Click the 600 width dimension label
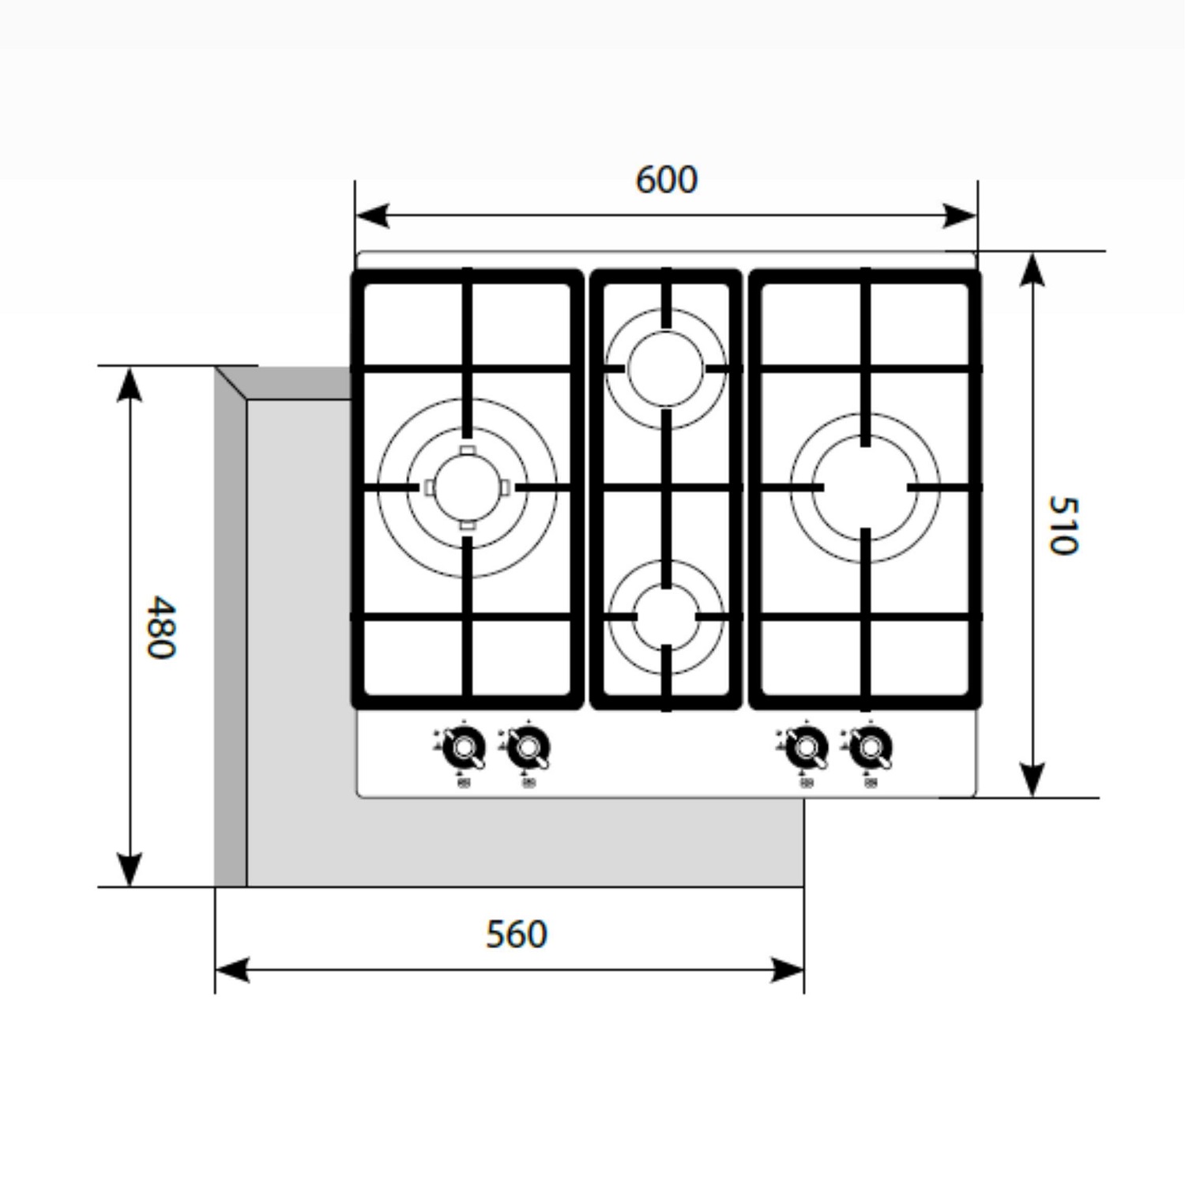coord(666,180)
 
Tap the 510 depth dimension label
coord(1063,525)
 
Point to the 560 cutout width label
coord(516,934)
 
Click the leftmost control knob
coord(464,747)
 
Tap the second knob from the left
coord(528,747)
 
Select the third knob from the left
coord(806,747)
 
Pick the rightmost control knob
coord(871,747)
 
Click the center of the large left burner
coord(467,487)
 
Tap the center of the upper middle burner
coord(666,368)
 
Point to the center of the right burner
coord(866,487)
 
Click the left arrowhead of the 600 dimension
coord(372,215)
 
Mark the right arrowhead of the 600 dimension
coord(960,215)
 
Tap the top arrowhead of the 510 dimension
coord(1033,269)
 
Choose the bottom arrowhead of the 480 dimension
coord(129,870)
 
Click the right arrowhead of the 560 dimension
coord(787,970)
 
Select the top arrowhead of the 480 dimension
coord(129,384)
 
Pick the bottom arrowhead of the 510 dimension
coord(1033,780)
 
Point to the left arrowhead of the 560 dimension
coord(232,970)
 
